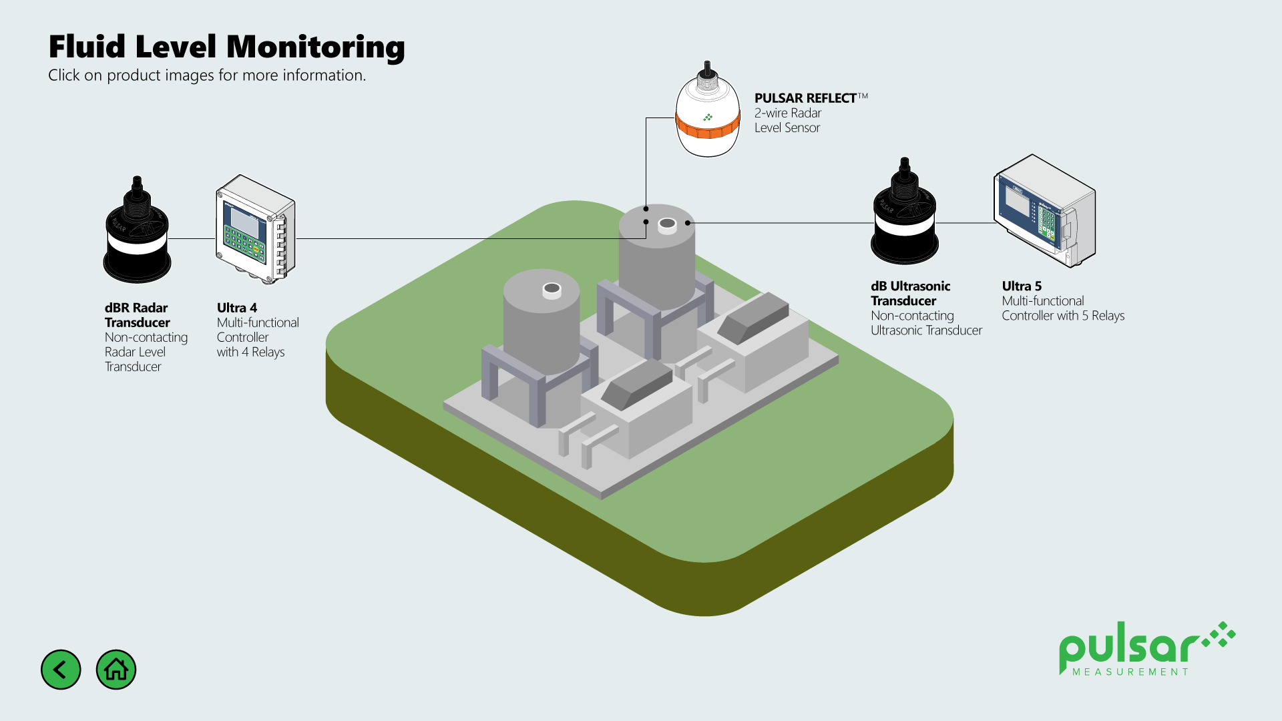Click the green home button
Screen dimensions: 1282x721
116,670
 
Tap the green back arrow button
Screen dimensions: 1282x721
61,670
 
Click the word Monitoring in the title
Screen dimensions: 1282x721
315,47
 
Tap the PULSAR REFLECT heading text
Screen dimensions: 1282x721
805,98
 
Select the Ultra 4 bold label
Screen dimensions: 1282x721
236,308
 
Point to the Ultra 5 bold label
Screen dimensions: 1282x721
1021,286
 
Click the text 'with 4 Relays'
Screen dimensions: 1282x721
250,352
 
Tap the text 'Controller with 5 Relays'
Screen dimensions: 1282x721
1062,316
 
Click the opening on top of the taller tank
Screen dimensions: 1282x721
667,224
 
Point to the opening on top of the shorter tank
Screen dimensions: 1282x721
552,288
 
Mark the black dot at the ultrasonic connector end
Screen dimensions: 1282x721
688,223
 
